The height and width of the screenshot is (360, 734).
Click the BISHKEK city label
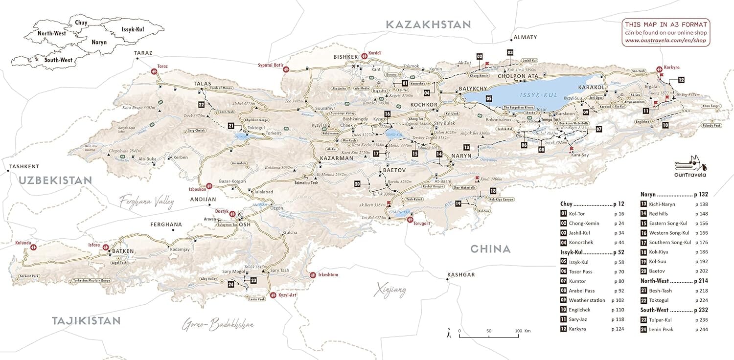(x=346, y=57)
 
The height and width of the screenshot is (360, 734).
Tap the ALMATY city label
(x=525, y=37)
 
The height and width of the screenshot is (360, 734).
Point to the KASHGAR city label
(x=461, y=275)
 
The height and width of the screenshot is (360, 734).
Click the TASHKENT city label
(x=24, y=167)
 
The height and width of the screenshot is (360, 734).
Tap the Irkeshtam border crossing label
(x=328, y=275)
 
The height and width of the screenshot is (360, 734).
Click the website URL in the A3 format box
(x=666, y=41)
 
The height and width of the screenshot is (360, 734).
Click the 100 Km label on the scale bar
(x=523, y=331)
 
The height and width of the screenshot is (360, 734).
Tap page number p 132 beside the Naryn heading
(x=701, y=195)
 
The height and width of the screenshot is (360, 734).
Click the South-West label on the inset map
(x=59, y=60)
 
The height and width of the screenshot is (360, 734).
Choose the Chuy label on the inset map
(x=81, y=22)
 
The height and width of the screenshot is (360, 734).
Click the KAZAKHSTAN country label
(x=428, y=24)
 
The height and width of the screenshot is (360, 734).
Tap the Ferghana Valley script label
(x=147, y=200)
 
